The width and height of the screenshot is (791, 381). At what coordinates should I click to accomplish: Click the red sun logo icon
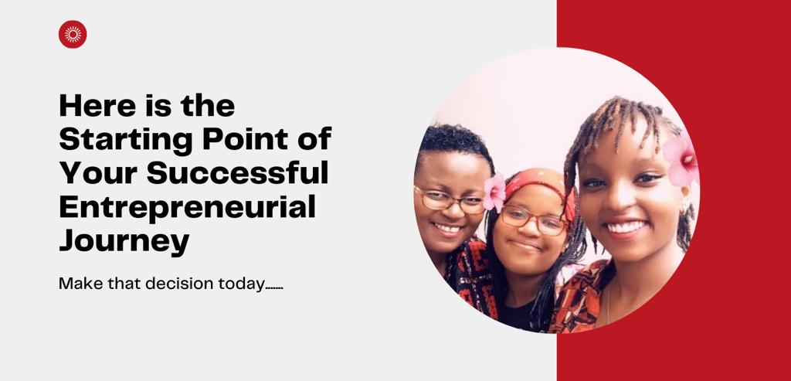pyautogui.click(x=73, y=34)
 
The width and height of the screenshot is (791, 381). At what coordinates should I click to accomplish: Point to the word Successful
pyautogui.click(x=238, y=172)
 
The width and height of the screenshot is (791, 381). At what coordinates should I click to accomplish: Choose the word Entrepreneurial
pyautogui.click(x=187, y=207)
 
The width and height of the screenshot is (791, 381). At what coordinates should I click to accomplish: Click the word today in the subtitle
pyautogui.click(x=241, y=284)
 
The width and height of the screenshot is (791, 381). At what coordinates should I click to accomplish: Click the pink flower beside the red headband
pyautogui.click(x=494, y=192)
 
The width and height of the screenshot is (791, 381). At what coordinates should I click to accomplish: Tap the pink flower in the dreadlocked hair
pyautogui.click(x=681, y=160)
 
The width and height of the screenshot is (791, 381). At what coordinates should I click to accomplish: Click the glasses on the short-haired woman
pyautogui.click(x=449, y=200)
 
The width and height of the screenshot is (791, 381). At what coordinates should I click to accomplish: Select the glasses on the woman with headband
pyautogui.click(x=534, y=220)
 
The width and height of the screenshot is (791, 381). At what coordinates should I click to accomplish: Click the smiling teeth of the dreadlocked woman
pyautogui.click(x=626, y=226)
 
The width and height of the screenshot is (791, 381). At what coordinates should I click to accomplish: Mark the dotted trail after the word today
pyautogui.click(x=274, y=289)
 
